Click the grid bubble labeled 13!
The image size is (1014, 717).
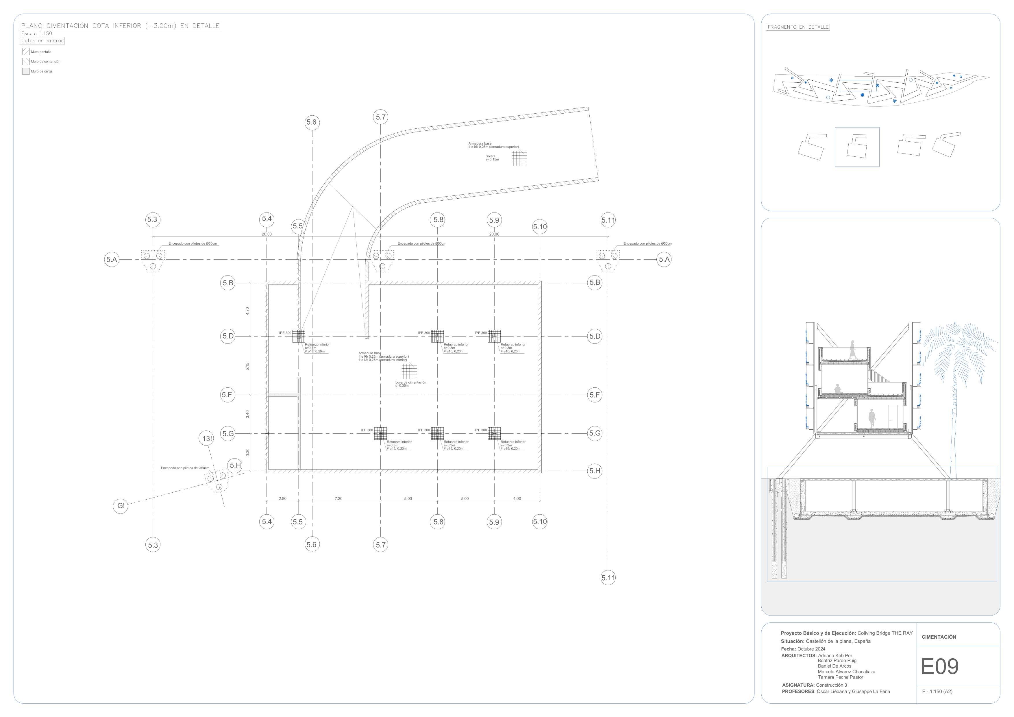207,439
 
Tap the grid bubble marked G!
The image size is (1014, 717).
121,506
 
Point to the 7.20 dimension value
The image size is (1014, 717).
338,499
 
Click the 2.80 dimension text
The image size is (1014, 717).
282,499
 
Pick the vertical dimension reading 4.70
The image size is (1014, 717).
248,311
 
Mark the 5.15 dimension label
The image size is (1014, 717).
248,366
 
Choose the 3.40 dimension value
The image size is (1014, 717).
248,414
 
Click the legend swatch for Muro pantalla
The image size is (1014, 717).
26,52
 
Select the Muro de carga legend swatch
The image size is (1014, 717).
26,71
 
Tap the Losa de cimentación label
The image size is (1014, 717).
410,382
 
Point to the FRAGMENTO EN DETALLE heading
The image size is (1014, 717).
797,27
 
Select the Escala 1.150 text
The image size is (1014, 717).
37,34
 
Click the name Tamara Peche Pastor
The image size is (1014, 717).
840,677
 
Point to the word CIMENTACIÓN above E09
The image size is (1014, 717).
939,637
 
